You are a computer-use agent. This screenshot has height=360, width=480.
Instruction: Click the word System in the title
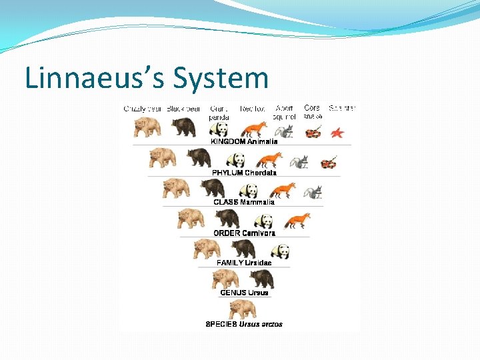(220, 78)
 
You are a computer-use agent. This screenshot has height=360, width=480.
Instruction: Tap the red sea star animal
(337, 132)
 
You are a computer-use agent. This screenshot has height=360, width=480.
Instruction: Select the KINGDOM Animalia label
(244, 141)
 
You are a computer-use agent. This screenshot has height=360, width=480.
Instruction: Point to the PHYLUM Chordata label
(244, 173)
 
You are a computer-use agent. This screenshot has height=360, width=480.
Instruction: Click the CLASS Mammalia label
(244, 202)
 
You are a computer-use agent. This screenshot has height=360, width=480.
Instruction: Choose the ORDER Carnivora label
(244, 233)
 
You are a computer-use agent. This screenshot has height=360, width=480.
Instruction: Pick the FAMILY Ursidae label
(244, 263)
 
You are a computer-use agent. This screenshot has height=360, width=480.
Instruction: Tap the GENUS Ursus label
(244, 293)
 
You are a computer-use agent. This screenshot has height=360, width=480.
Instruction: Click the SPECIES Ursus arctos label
(244, 325)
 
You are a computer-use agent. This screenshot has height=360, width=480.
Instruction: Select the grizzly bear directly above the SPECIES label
(243, 309)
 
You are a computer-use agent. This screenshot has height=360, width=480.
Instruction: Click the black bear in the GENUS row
(261, 279)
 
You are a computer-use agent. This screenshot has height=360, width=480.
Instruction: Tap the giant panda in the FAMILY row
(281, 251)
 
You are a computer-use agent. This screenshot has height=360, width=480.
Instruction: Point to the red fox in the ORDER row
(297, 220)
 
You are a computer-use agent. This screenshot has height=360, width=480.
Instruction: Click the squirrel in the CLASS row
(312, 192)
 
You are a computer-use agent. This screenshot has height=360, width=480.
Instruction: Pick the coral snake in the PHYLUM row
(328, 162)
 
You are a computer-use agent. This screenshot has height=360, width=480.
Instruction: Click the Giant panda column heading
(219, 112)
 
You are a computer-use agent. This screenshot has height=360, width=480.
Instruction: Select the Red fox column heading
(253, 108)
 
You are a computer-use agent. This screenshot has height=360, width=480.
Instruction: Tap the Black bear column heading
(183, 108)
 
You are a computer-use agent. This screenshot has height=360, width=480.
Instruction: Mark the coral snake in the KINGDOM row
(312, 132)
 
